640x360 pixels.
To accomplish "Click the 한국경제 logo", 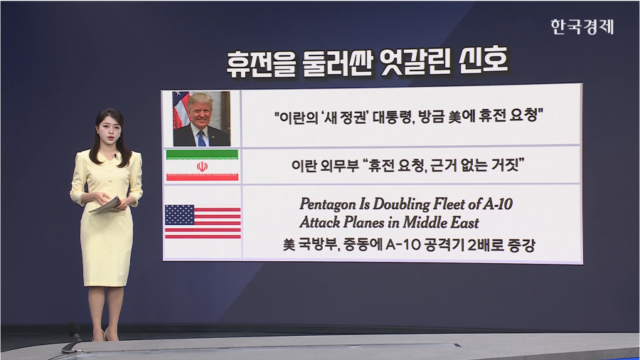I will point(582,27).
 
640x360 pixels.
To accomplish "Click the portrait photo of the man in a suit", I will point(201,118).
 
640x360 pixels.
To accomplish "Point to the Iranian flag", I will point(202,166).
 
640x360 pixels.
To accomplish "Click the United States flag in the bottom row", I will point(202,221).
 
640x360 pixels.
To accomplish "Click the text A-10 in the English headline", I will point(498,204).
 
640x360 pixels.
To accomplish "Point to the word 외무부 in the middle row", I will point(339,166).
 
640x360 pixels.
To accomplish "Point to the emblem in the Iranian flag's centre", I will point(202,166).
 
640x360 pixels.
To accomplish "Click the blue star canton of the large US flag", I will point(179,214).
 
